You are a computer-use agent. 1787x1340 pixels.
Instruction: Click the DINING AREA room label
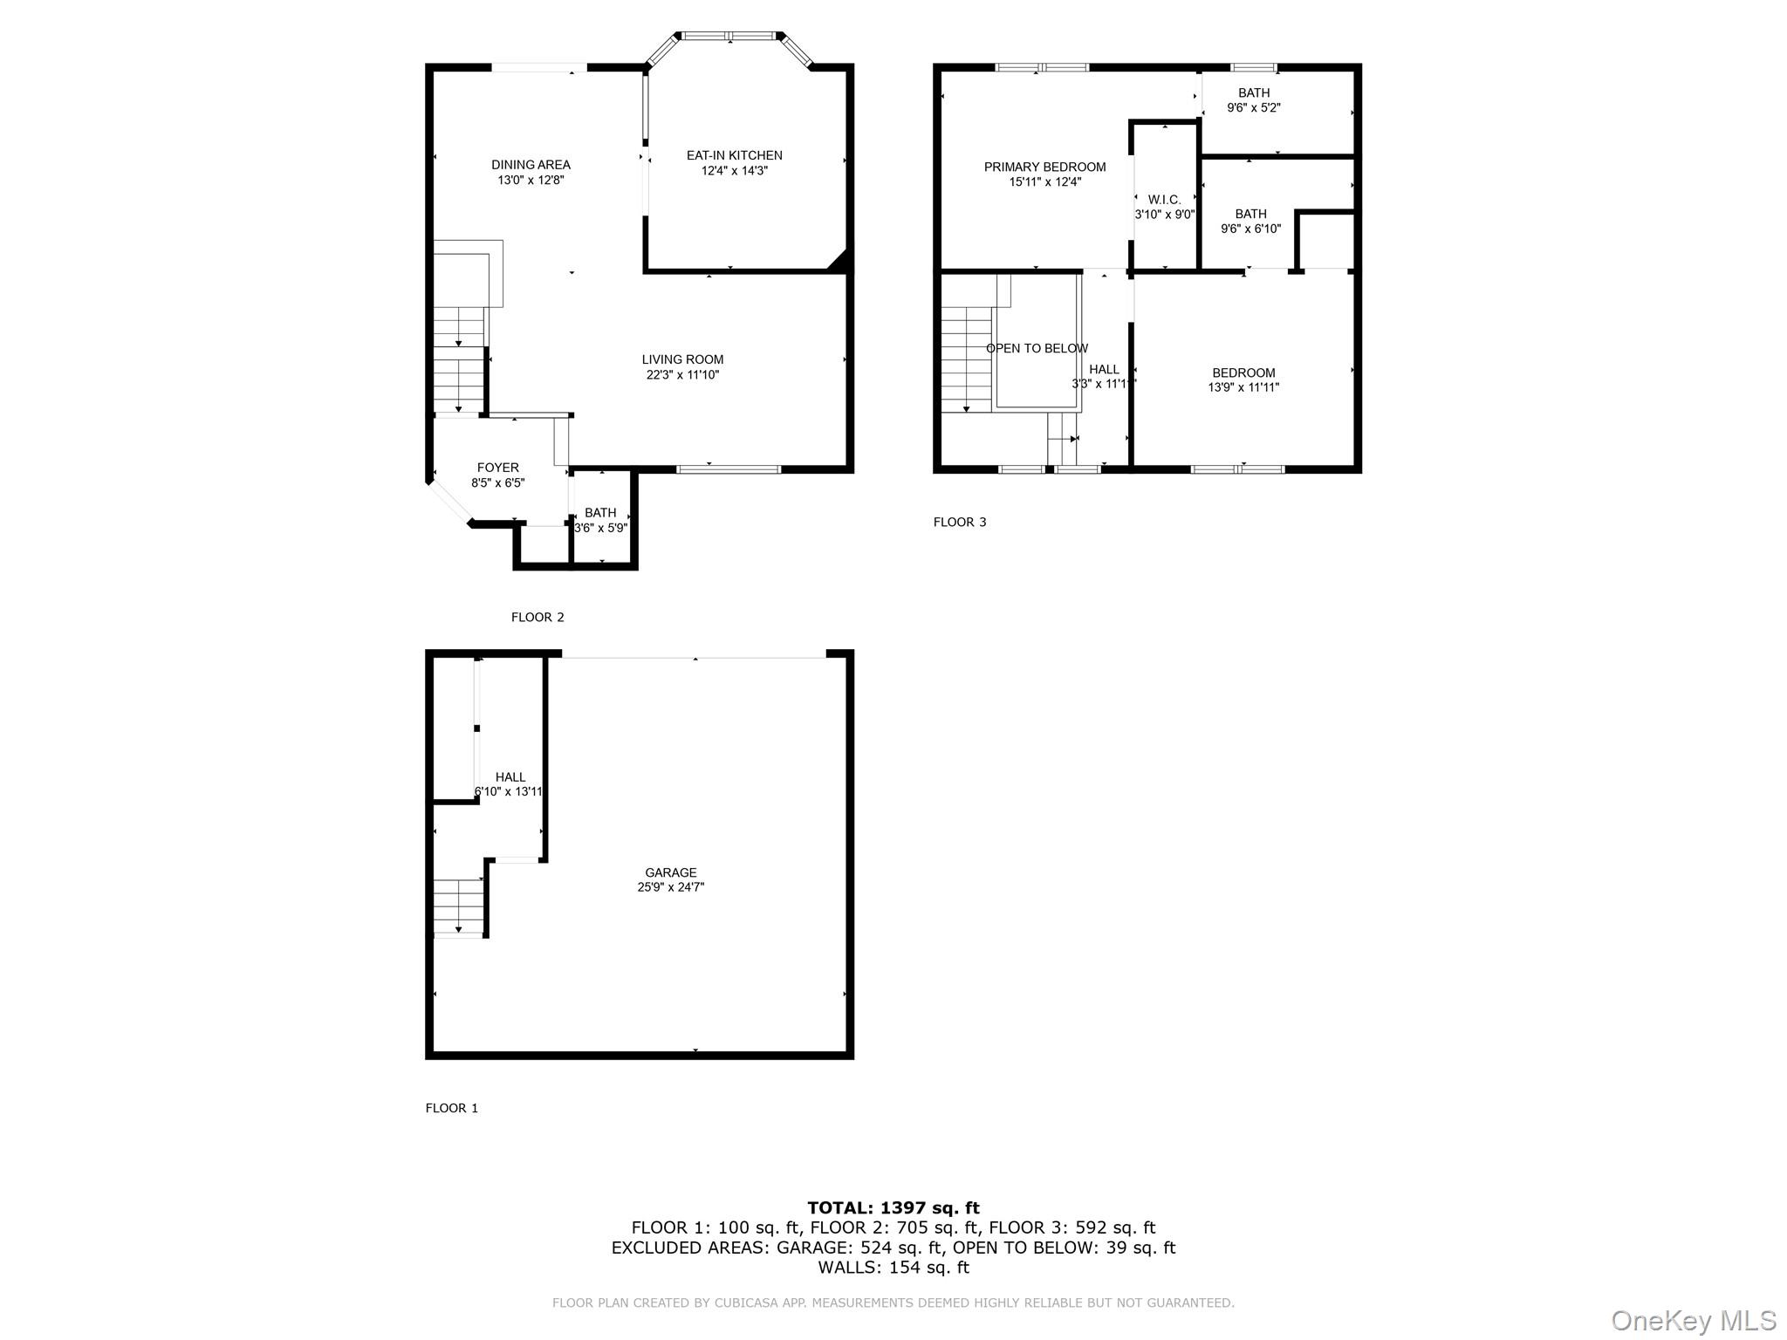[531, 165]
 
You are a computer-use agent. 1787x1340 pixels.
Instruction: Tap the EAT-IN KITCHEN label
[734, 155]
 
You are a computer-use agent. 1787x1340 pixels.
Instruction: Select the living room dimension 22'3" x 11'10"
[681, 375]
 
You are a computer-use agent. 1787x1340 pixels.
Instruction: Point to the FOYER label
[497, 468]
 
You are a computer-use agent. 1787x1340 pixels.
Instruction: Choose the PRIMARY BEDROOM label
[1044, 167]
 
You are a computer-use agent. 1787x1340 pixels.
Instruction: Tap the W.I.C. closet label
[1164, 200]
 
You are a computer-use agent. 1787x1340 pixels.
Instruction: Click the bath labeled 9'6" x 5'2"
[1253, 100]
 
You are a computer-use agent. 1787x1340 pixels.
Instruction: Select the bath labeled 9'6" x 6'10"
[1250, 222]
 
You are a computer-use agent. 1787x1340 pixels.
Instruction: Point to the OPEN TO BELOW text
[1037, 348]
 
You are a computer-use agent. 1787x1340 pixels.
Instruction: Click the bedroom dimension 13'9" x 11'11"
[1243, 387]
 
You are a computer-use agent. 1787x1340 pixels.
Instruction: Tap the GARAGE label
[670, 872]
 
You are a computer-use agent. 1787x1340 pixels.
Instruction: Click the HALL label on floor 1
[510, 777]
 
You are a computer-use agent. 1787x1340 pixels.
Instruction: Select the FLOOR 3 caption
[960, 522]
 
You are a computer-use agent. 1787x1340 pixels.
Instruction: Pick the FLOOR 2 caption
[537, 617]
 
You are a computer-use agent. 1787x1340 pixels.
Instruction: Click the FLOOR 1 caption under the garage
[451, 1108]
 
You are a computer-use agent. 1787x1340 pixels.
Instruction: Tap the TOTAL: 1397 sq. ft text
[893, 1207]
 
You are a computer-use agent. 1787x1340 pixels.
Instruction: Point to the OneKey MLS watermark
[1693, 1320]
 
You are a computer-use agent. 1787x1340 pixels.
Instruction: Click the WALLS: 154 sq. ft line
[893, 1268]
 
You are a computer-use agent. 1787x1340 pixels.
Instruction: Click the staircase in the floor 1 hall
[459, 906]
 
